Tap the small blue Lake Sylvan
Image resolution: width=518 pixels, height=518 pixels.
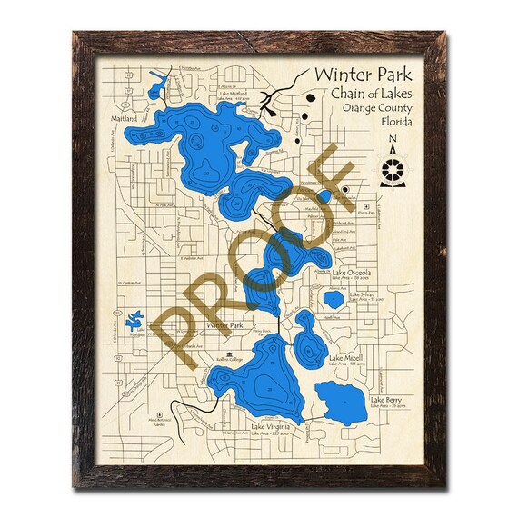point(334,298)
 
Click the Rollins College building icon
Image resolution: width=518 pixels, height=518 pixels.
point(225,357)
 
